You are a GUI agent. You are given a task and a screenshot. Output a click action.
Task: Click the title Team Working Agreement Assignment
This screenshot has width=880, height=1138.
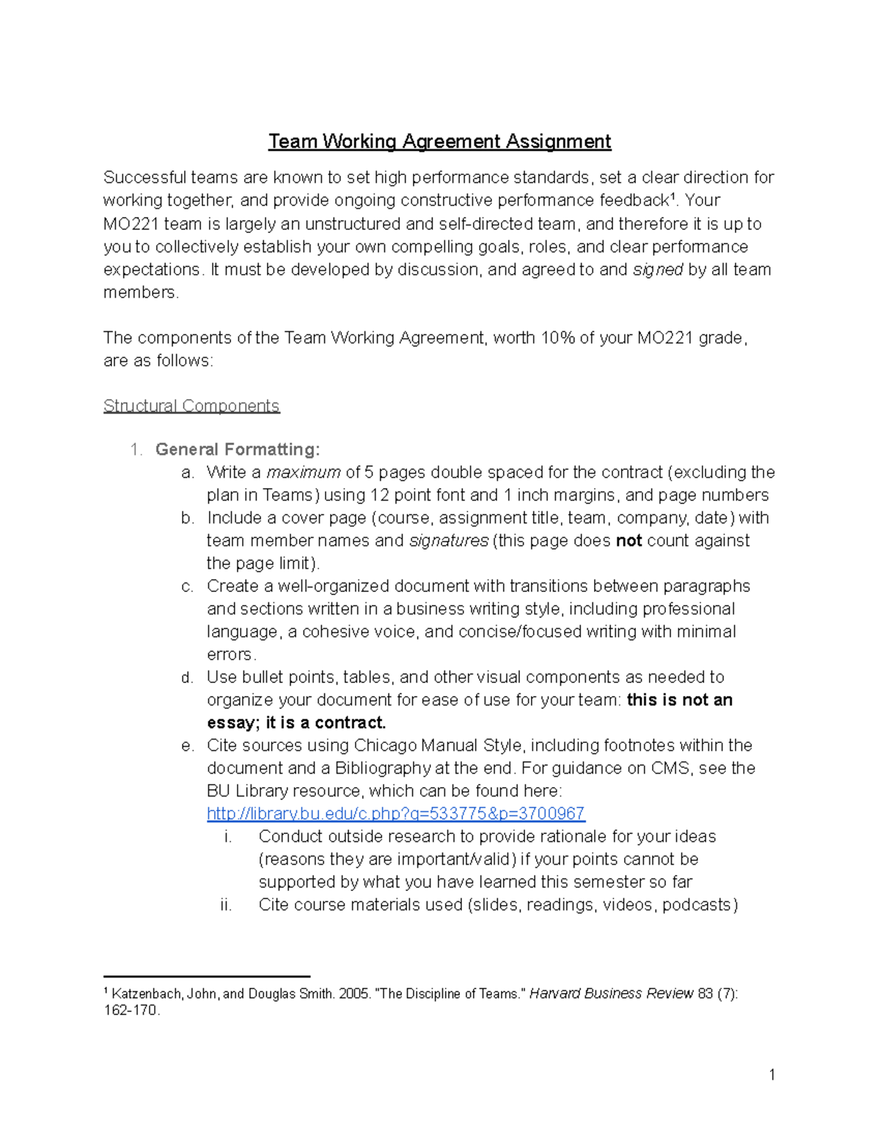(439, 141)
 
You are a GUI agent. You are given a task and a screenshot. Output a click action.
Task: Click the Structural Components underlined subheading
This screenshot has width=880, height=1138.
(191, 406)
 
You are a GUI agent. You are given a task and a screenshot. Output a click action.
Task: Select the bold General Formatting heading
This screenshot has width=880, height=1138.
(238, 449)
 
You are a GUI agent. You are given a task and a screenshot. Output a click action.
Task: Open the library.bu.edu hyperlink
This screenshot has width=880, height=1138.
(396, 813)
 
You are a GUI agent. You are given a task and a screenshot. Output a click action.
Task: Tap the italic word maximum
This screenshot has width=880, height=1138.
(304, 472)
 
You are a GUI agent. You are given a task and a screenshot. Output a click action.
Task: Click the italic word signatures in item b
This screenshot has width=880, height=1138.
(449, 541)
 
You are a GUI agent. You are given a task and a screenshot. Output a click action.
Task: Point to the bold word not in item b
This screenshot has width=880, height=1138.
(628, 541)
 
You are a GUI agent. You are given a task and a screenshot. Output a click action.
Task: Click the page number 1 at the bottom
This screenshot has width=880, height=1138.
(772, 1075)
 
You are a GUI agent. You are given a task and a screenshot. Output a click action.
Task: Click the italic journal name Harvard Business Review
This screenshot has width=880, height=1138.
(612, 994)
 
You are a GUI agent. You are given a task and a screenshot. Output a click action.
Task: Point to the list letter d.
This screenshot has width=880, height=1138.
(187, 677)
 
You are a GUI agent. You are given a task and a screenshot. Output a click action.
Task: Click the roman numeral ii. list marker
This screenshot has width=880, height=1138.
(226, 905)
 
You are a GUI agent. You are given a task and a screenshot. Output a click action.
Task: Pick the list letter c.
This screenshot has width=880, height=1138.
(187, 586)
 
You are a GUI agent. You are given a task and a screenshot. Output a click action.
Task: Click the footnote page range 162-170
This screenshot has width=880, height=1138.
(131, 1010)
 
